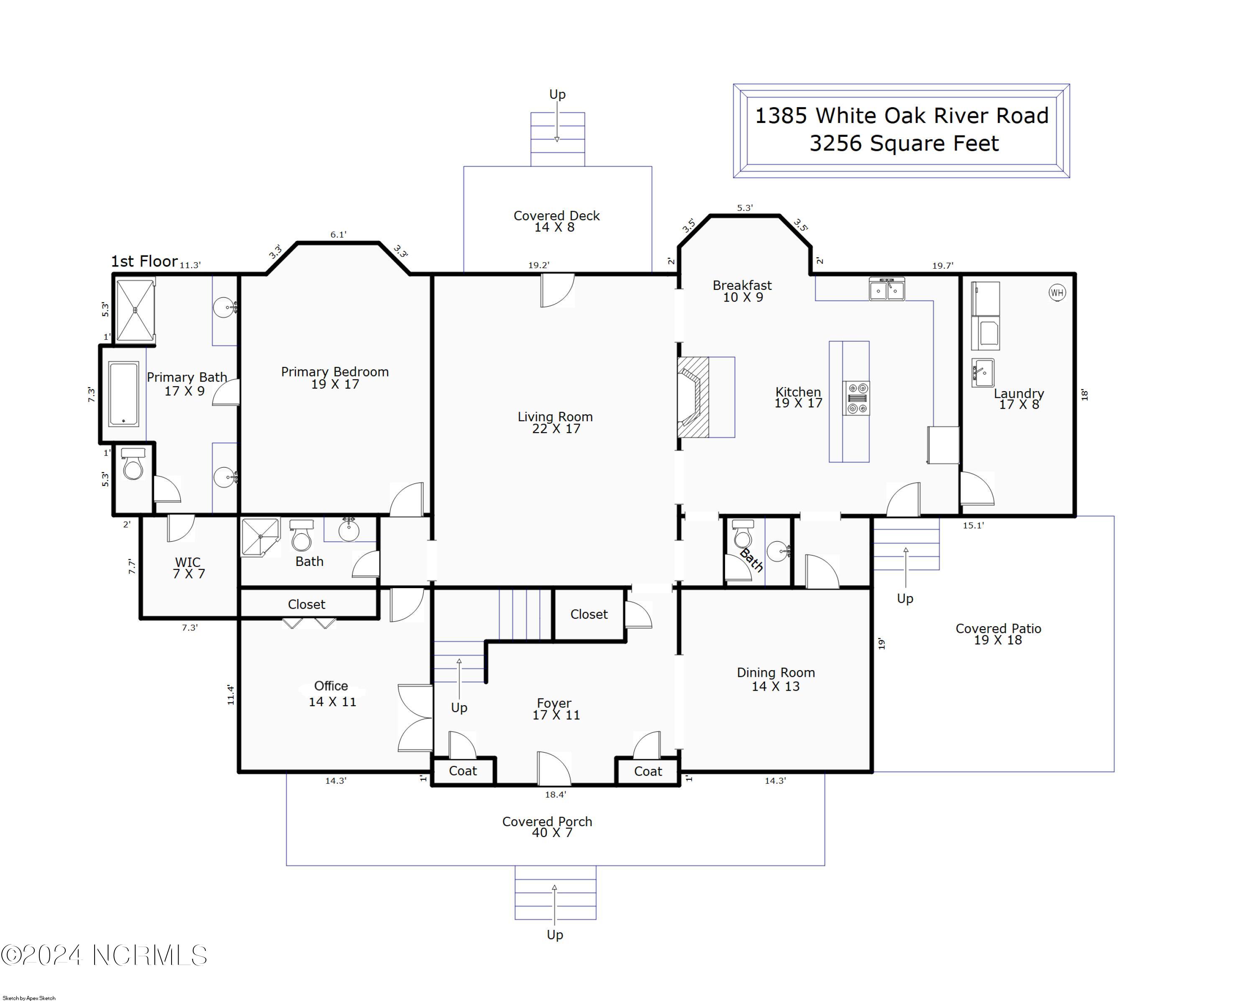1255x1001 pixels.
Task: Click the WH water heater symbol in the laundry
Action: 1057,293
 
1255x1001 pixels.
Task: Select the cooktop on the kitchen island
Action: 857,398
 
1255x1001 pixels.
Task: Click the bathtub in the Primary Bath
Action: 123,394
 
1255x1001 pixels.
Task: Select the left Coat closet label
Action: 463,771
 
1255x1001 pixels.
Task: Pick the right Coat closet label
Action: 648,771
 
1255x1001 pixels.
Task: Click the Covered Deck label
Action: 556,216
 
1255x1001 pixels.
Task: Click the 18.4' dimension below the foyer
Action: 555,794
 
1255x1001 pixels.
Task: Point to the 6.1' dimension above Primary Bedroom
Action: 338,235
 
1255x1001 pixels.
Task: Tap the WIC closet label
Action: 188,562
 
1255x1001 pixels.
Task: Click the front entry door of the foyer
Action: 553,768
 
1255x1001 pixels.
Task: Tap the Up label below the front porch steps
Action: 555,934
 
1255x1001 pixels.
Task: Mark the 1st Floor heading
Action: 144,261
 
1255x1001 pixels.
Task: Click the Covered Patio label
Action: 998,629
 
